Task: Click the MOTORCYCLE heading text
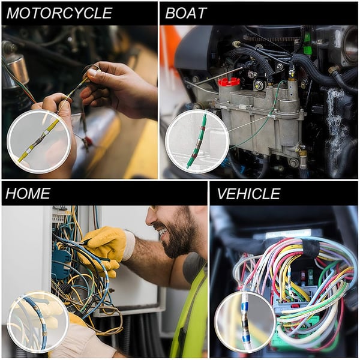(59, 13)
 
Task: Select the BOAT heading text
(186, 13)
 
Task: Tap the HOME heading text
(28, 193)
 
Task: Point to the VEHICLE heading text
(248, 193)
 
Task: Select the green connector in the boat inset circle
(197, 141)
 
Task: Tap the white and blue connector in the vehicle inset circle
(245, 322)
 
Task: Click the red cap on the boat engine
(228, 81)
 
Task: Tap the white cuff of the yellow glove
(128, 245)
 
